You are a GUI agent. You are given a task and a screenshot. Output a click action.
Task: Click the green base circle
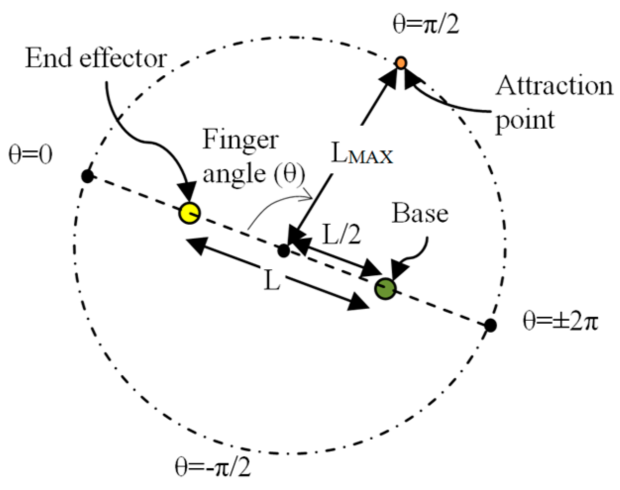click(x=385, y=288)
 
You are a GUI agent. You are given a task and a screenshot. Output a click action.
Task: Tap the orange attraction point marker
click(x=401, y=63)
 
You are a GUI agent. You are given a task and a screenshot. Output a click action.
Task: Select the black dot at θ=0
click(x=88, y=176)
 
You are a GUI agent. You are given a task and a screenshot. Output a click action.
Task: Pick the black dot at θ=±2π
click(x=490, y=325)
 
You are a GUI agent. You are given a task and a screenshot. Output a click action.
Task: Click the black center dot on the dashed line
click(x=283, y=251)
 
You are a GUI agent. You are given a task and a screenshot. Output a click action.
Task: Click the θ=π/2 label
click(x=425, y=25)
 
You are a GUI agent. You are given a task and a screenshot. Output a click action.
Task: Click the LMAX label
click(x=362, y=154)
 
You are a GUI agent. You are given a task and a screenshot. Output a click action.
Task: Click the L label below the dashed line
click(x=272, y=281)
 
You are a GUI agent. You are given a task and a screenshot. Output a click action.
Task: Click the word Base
click(x=420, y=213)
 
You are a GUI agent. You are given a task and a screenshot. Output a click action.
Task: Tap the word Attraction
click(x=554, y=86)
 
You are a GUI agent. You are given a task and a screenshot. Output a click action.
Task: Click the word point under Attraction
click(x=524, y=120)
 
